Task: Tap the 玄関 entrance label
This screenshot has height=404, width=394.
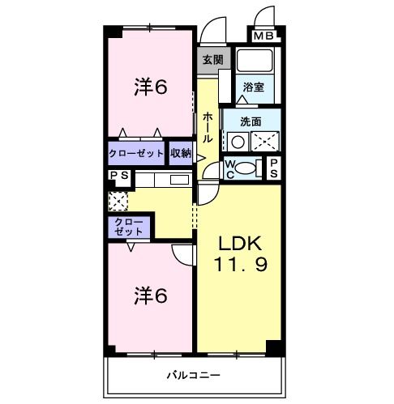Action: coord(213,59)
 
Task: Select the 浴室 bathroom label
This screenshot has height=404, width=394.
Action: coord(252,87)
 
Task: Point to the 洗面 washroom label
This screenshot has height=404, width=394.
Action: coord(251,121)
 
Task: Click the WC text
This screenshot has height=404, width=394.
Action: coord(229,168)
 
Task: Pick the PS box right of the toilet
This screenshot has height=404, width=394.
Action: coord(275,168)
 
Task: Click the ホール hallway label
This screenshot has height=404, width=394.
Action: coord(208,128)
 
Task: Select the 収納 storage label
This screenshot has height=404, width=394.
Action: coord(181,152)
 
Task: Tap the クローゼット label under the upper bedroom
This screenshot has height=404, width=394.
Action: coord(136,152)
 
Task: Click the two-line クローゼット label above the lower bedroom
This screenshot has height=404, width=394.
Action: coord(128,226)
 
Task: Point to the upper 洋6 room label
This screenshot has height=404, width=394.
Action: coord(151,87)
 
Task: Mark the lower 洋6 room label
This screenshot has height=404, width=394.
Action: coord(151,297)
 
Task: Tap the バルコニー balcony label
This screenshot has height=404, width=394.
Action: coord(194,376)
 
